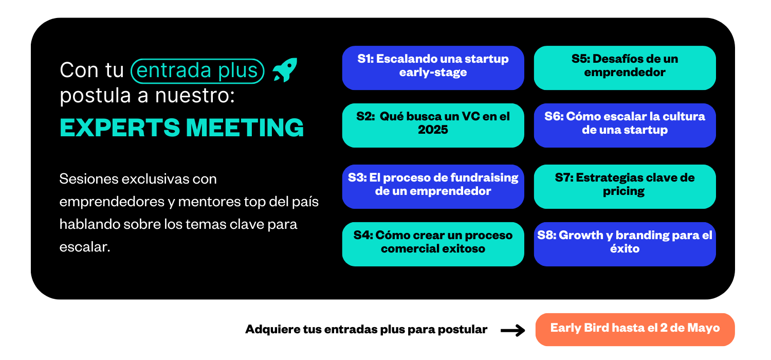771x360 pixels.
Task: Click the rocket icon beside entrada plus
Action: pyautogui.click(x=285, y=70)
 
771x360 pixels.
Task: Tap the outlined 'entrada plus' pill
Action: pyautogui.click(x=197, y=71)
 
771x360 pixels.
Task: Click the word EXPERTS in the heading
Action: pyautogui.click(x=120, y=128)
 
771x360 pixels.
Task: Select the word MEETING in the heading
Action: pyautogui.click(x=245, y=128)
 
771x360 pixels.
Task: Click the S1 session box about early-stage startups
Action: pyautogui.click(x=433, y=68)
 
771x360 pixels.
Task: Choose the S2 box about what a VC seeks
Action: pyautogui.click(x=433, y=125)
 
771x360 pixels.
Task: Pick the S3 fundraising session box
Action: pyautogui.click(x=433, y=186)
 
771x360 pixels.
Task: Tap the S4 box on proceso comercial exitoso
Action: pyautogui.click(x=433, y=244)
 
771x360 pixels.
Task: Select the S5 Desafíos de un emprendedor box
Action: pyautogui.click(x=625, y=68)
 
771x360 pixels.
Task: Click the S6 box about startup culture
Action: pyautogui.click(x=625, y=125)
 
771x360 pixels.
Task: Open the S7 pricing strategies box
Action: pyautogui.click(x=625, y=186)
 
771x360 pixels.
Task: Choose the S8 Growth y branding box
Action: pyautogui.click(x=625, y=244)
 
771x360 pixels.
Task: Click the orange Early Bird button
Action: pyautogui.click(x=635, y=329)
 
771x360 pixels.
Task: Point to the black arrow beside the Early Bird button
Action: pyautogui.click(x=513, y=330)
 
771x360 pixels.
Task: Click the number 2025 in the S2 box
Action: pyautogui.click(x=433, y=130)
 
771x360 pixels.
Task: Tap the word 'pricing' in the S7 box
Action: pyautogui.click(x=623, y=191)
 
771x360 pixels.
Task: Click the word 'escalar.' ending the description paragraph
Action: pyautogui.click(x=85, y=247)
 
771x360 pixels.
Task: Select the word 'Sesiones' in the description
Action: pyautogui.click(x=89, y=179)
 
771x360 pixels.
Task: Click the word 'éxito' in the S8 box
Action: pyautogui.click(x=625, y=248)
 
